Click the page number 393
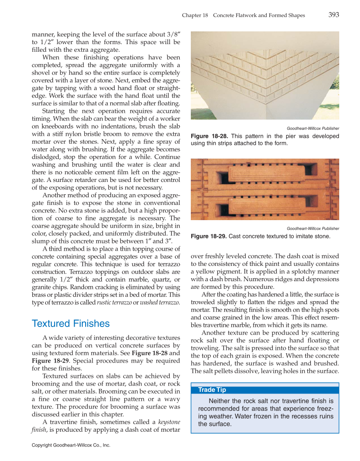333,15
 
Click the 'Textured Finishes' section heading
70,324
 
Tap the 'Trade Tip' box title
212,390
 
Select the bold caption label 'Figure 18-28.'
209,136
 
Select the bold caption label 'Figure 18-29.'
209,236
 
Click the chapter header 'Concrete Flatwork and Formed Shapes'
259,15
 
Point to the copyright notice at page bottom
71,445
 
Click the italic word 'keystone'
169,422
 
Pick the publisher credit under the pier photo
313,129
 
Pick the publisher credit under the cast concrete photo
313,229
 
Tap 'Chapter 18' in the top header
195,15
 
